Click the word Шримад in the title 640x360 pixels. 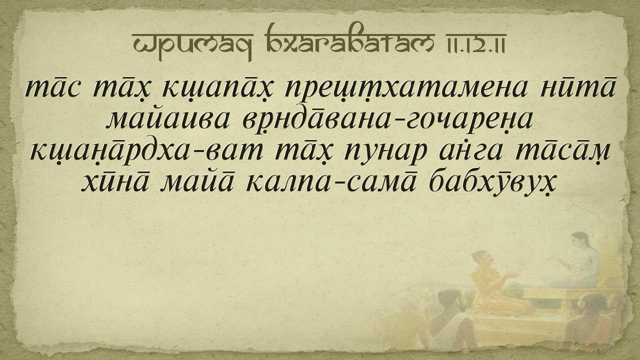tap(192, 44)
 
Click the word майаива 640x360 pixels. tap(168, 118)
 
